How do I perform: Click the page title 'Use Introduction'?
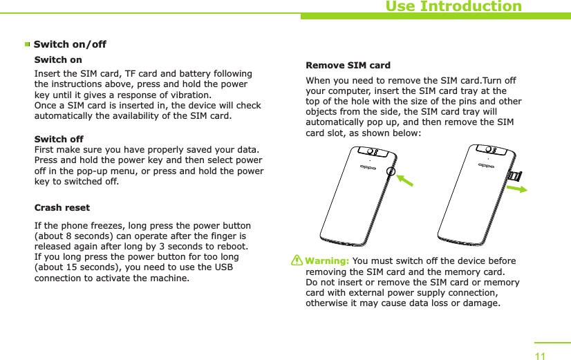click(x=453, y=7)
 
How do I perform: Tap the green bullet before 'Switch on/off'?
click(x=28, y=45)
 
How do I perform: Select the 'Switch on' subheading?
click(x=58, y=60)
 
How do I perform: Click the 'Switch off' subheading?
click(x=59, y=139)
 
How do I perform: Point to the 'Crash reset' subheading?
click(x=62, y=207)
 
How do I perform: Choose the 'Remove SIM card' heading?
click(x=348, y=66)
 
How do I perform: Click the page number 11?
click(x=540, y=355)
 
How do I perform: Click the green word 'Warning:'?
click(x=328, y=261)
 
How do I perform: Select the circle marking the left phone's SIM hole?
click(x=392, y=171)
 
